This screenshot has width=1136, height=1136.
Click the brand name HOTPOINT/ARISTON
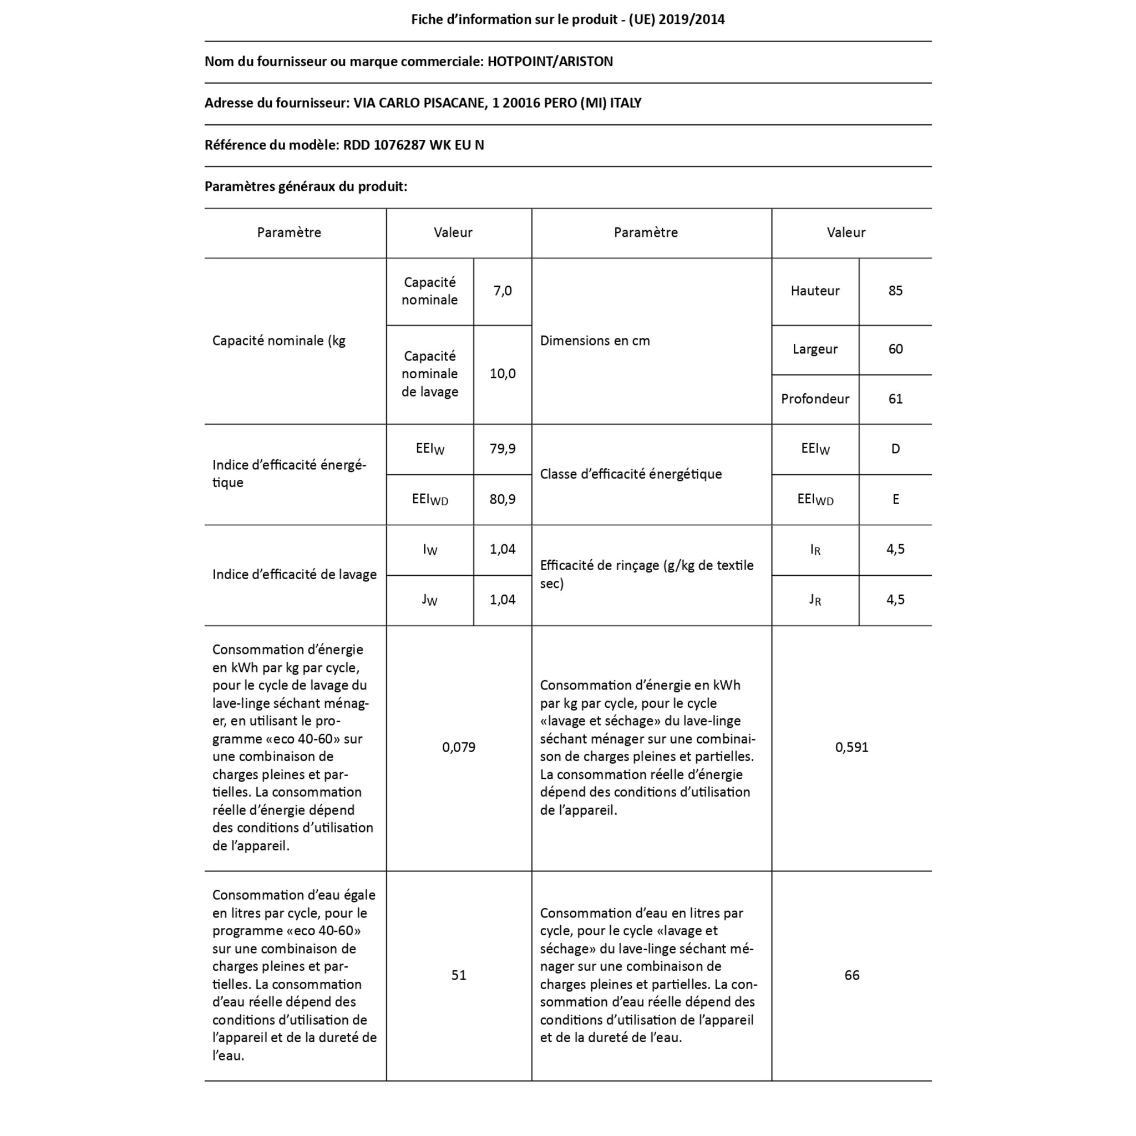click(550, 62)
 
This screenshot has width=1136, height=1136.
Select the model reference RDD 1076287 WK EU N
click(413, 145)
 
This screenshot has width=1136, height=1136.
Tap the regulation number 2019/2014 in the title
click(692, 19)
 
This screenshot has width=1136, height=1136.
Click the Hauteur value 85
click(895, 291)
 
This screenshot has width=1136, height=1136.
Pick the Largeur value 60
click(895, 349)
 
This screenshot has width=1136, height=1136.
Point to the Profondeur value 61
click(895, 399)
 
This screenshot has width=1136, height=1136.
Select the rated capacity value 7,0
click(502, 291)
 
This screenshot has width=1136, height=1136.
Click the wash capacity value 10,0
click(502, 374)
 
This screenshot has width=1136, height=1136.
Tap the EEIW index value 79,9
click(502, 449)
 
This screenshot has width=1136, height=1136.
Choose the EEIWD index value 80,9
click(502, 499)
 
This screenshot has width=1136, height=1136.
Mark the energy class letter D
click(895, 449)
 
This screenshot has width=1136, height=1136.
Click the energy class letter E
click(895, 499)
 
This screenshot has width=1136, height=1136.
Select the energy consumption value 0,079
click(459, 747)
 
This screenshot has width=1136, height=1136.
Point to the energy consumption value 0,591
click(851, 747)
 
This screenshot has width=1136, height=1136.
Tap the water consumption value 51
click(459, 976)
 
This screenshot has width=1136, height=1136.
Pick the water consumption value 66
click(851, 976)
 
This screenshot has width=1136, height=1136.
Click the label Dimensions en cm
click(595, 341)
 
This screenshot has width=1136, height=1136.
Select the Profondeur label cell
click(814, 399)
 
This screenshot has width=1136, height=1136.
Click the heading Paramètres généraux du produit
click(306, 187)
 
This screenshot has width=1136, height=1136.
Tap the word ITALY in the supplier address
click(625, 104)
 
